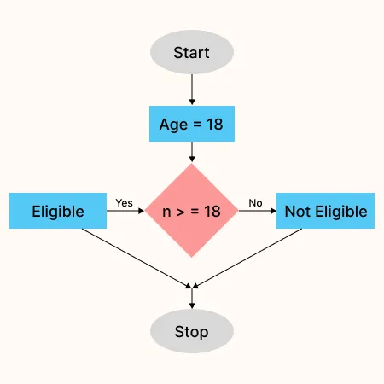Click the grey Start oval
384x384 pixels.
tap(192, 52)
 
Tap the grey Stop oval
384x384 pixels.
tap(192, 331)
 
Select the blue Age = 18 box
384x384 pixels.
tap(192, 124)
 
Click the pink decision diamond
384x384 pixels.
tap(191, 211)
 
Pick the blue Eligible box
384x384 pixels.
tap(57, 211)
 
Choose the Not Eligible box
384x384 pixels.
tap(325, 211)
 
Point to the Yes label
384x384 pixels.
tap(125, 203)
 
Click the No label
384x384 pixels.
tap(255, 203)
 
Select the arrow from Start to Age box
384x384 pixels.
tap(192, 90)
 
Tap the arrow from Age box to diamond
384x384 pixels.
tap(192, 152)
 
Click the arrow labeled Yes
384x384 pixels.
tap(125, 211)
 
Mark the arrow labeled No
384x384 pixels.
tap(258, 211)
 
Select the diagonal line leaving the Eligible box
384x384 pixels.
tap(137, 259)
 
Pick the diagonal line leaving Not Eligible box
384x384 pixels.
tap(247, 259)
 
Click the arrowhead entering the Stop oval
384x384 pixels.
tap(192, 305)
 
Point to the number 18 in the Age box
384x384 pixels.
tap(215, 125)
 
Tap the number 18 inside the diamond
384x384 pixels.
tap(212, 212)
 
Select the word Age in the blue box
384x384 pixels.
tap(173, 125)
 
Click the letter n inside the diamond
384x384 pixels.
tap(166, 212)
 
